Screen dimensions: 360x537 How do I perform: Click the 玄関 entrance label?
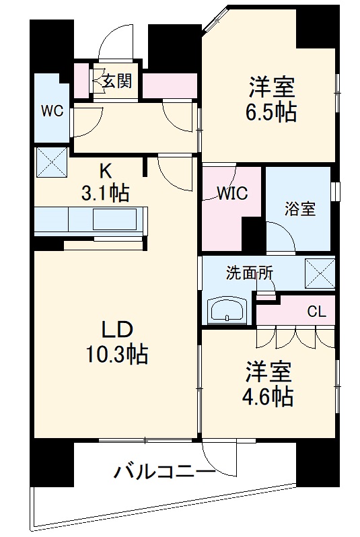click(x=118, y=81)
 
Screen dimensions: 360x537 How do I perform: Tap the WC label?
click(x=52, y=110)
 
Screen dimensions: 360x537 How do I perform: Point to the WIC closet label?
click(x=233, y=194)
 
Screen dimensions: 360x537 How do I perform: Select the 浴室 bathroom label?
click(x=300, y=209)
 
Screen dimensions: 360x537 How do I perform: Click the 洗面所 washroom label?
click(x=250, y=273)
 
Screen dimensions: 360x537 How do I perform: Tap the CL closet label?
click(x=316, y=312)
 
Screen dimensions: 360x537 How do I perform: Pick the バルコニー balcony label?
click(x=165, y=473)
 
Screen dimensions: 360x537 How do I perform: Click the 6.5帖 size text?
click(x=271, y=112)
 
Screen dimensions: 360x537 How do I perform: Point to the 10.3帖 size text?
click(x=117, y=354)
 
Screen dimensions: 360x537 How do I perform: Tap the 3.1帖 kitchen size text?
click(x=105, y=193)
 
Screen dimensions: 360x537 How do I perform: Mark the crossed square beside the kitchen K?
click(x=51, y=162)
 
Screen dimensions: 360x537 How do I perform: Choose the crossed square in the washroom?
click(x=320, y=274)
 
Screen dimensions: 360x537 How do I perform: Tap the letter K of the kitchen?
click(x=106, y=171)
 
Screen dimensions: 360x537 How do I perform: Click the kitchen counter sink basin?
click(x=114, y=219)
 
